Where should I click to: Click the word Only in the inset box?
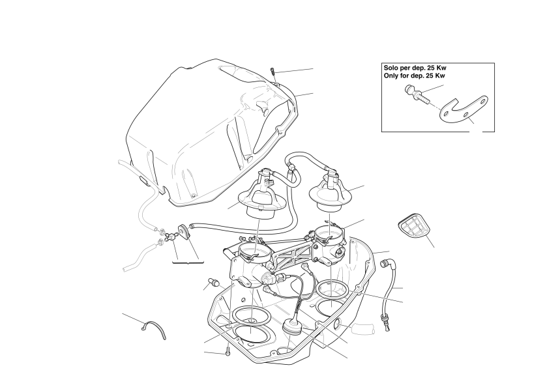tap(391, 76)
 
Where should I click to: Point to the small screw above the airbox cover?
tap(273, 72)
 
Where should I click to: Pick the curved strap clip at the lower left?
tap(155, 329)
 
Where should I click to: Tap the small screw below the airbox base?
tap(228, 351)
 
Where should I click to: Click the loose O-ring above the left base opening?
tap(252, 315)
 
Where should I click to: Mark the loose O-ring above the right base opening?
tap(332, 289)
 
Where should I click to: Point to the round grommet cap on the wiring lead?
tap(291, 327)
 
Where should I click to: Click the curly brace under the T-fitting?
tap(188, 263)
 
